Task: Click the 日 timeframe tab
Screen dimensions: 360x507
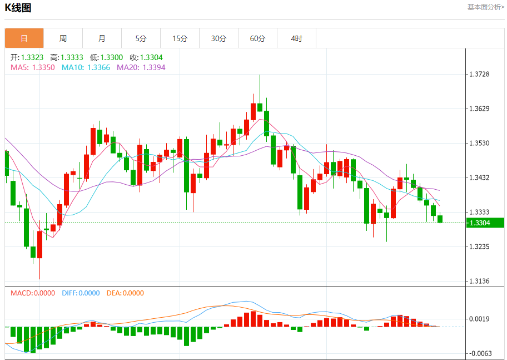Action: coord(24,38)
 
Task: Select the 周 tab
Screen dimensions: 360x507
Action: coord(63,38)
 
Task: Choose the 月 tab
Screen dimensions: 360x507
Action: coord(102,38)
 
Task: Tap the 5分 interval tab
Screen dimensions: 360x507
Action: coord(141,38)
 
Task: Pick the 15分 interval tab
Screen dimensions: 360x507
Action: coord(180,38)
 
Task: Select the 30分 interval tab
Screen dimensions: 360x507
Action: coord(218,38)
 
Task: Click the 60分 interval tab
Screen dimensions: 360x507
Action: coord(257,38)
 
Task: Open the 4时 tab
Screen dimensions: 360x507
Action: coord(296,38)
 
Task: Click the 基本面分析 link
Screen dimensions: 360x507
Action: coord(485,7)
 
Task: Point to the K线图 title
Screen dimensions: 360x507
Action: coord(18,8)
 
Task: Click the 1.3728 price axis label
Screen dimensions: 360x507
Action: coord(479,74)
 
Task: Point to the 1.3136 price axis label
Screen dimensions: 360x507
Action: coord(479,281)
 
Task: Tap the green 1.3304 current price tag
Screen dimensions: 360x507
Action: coord(485,223)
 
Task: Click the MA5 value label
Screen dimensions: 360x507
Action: coord(33,67)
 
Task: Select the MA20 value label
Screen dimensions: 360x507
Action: coord(141,67)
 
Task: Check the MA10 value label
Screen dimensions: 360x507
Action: coord(86,67)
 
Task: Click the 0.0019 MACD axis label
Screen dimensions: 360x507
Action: coord(479,319)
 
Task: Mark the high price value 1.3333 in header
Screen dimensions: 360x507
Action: coord(72,57)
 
